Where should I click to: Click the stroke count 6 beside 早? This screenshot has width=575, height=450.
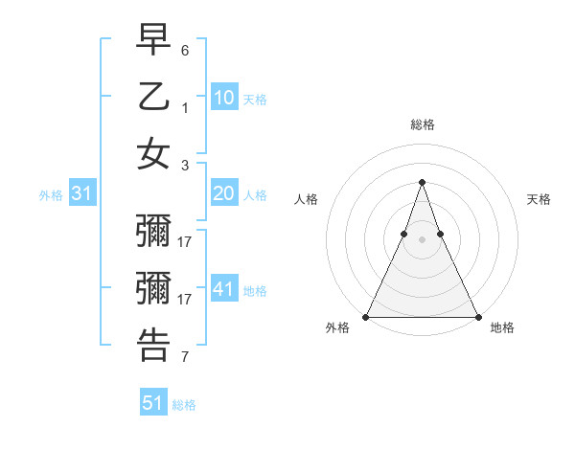click(185, 50)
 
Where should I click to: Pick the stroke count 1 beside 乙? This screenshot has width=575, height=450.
click(185, 108)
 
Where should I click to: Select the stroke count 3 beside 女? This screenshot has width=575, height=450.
click(185, 165)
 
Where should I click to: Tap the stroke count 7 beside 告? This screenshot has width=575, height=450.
click(185, 357)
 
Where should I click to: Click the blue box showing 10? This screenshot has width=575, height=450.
click(223, 97)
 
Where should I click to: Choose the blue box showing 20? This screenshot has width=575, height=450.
click(223, 193)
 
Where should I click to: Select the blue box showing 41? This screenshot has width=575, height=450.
click(223, 289)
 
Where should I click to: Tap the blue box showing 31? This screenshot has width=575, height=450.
click(81, 193)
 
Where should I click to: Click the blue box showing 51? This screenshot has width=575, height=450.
click(153, 403)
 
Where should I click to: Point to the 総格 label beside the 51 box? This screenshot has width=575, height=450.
click(184, 405)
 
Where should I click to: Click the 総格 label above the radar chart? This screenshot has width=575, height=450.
click(422, 124)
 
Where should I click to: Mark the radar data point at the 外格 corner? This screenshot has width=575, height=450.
click(366, 317)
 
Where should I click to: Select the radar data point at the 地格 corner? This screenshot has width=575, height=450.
click(477, 317)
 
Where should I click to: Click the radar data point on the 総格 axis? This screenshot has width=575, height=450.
click(422, 182)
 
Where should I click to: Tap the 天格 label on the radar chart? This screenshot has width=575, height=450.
click(539, 199)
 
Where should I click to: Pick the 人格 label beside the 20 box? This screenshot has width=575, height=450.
click(255, 195)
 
